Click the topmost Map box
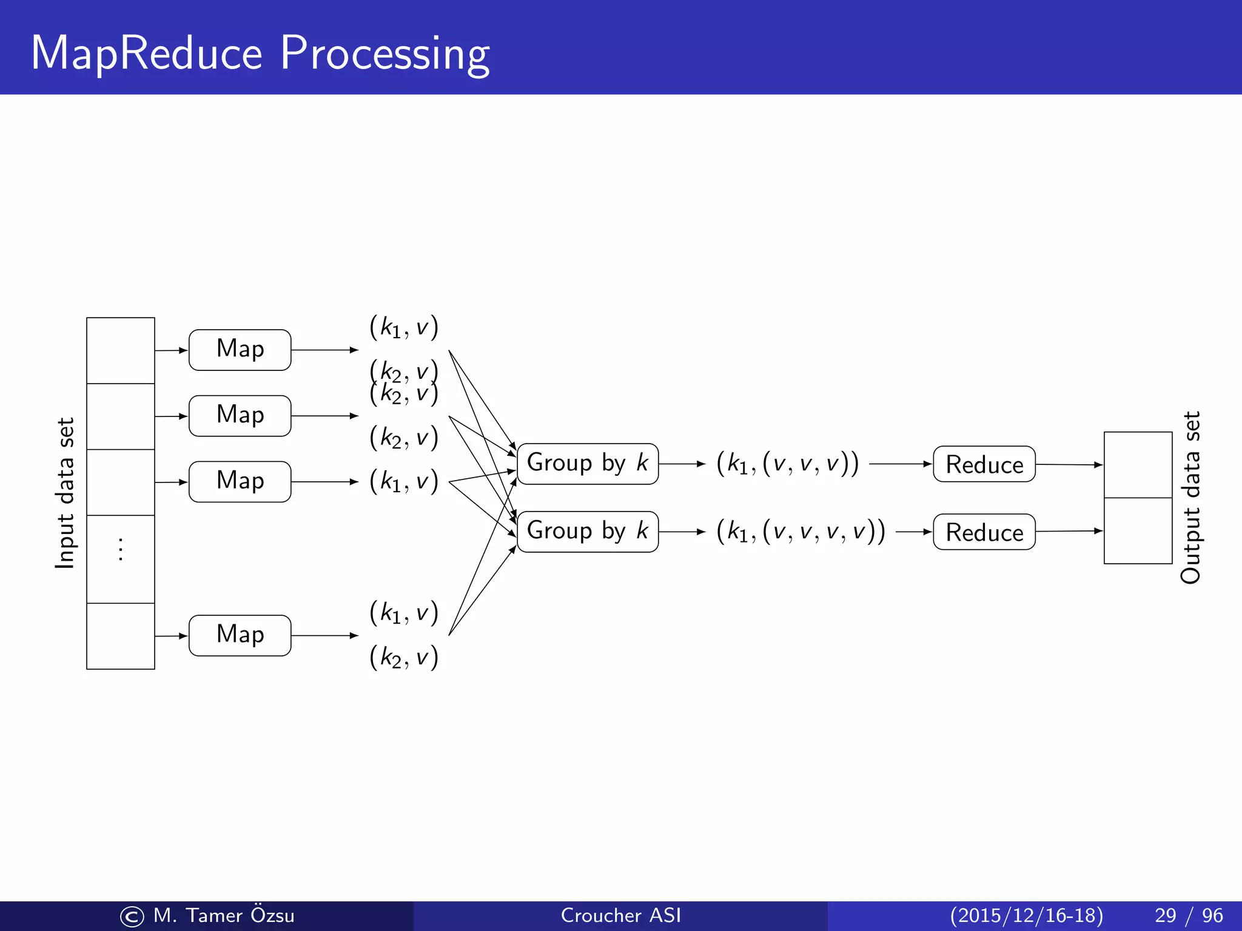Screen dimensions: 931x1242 pos(240,350)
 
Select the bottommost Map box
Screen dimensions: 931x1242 pos(240,635)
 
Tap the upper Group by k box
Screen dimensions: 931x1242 pos(587,464)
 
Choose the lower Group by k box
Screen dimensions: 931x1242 pos(587,532)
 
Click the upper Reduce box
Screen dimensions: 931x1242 pos(984,464)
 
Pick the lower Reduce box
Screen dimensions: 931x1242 pos(984,532)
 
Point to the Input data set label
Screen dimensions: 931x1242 pos(65,493)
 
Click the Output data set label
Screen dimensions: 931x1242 pos(1190,497)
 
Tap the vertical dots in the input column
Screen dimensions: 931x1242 pos(121,549)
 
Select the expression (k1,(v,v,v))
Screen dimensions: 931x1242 pos(787,464)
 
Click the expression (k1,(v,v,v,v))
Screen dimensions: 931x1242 pos(801,532)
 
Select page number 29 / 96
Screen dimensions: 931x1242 pos(1189,915)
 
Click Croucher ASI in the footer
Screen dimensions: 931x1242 pos(620,915)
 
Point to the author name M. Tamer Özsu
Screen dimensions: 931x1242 pos(223,915)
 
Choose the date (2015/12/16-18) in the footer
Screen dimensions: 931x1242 pos(1026,915)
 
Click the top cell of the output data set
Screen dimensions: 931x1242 pos(1138,465)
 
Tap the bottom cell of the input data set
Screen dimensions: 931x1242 pos(121,636)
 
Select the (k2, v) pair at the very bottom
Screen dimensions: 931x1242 pos(404,657)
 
